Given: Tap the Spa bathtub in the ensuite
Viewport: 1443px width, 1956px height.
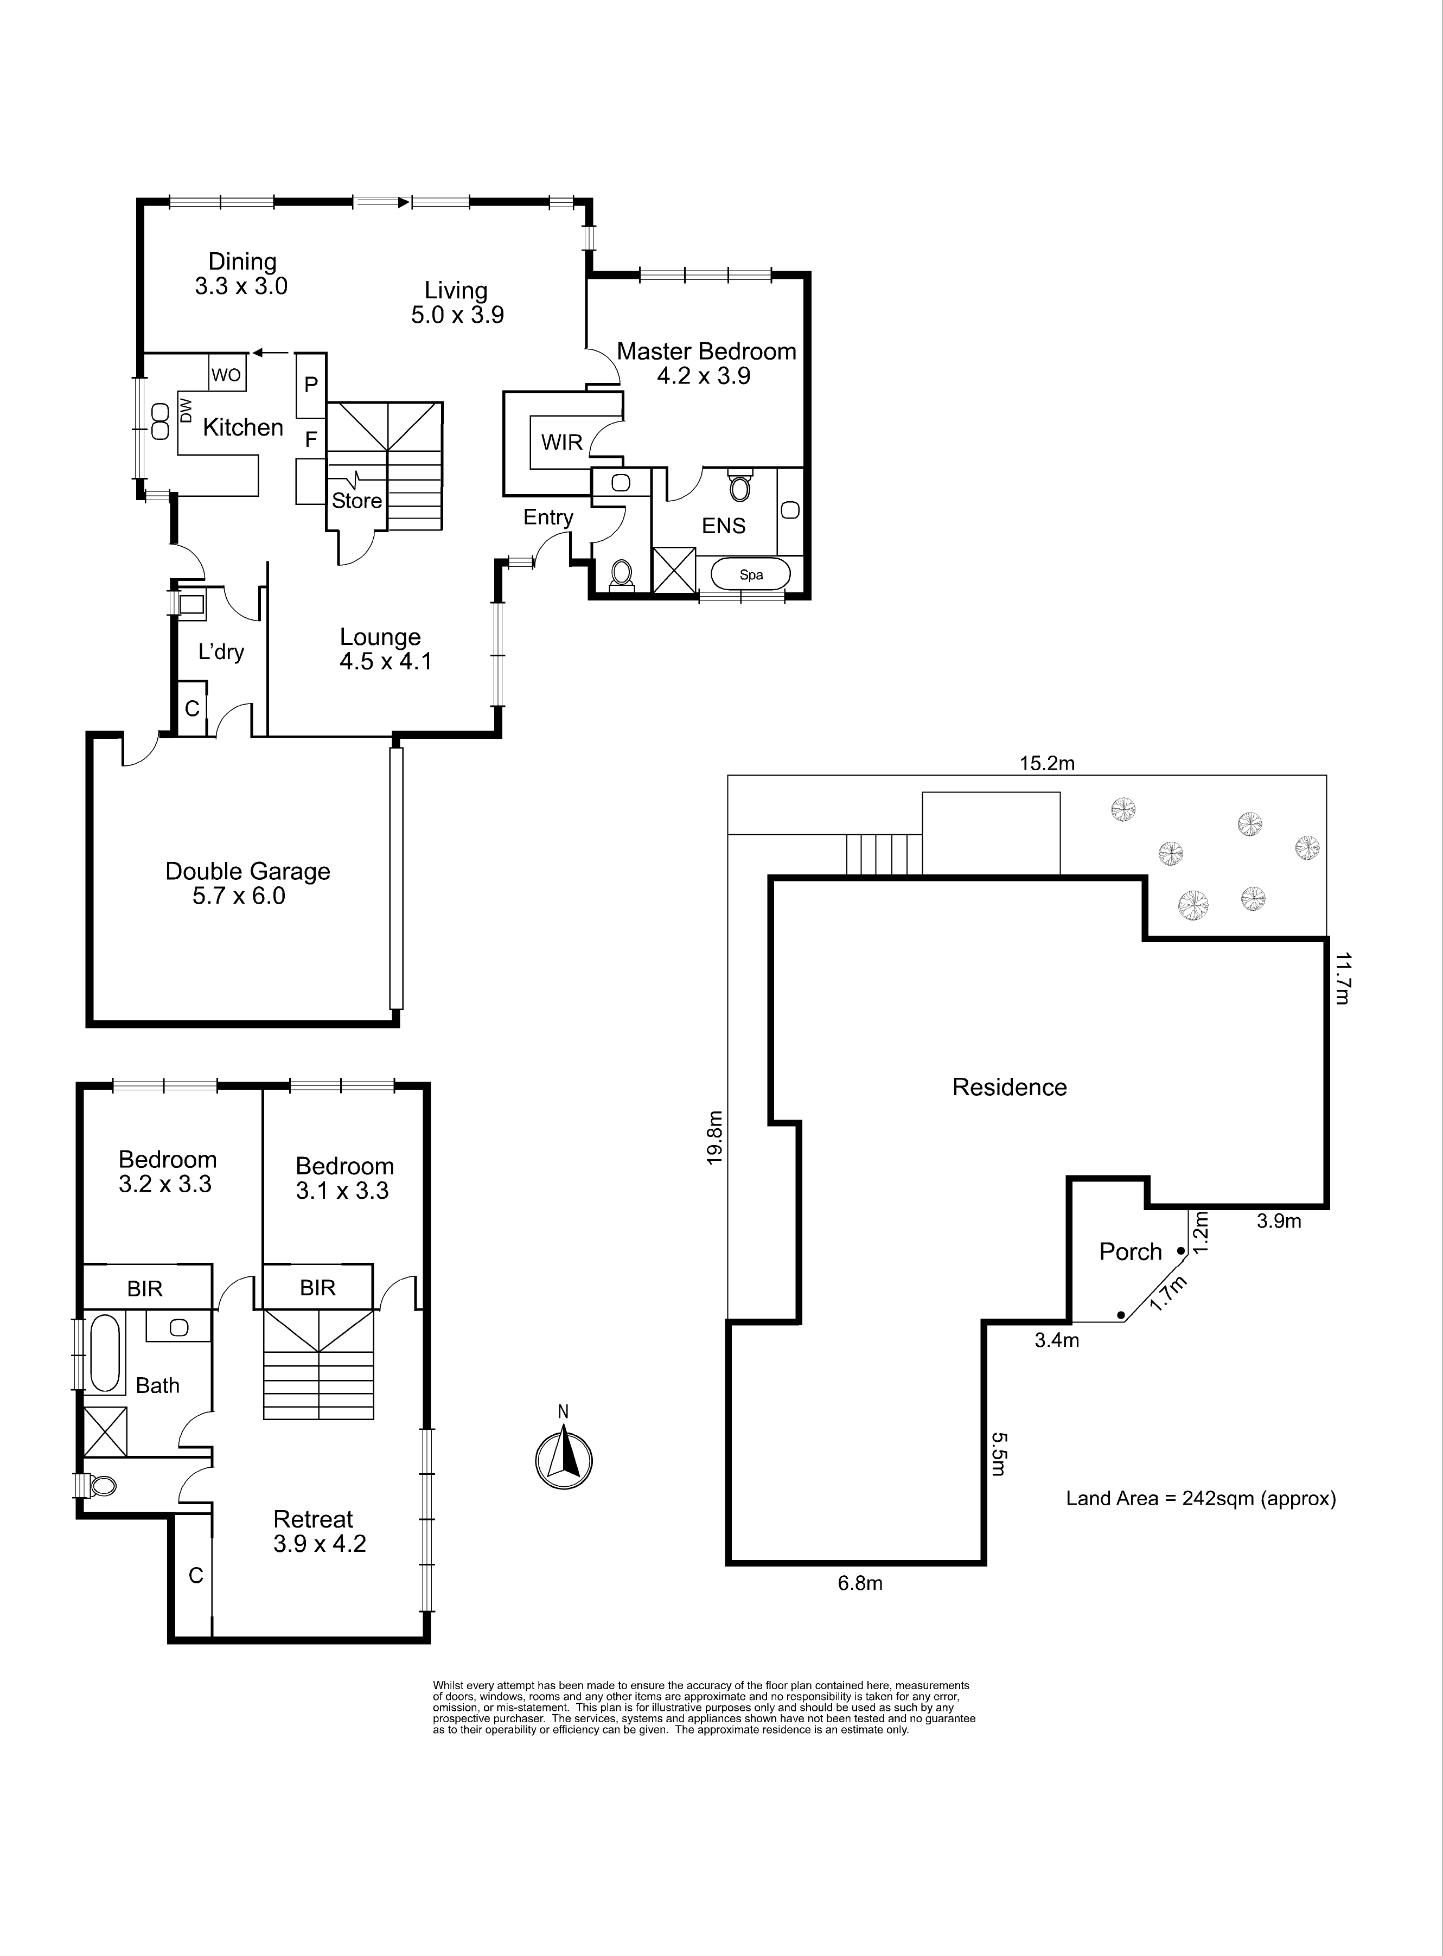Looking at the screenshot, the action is (x=750, y=574).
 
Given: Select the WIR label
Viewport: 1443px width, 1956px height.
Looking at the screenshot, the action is (x=561, y=442).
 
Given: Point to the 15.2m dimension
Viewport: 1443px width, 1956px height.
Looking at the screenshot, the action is (x=1046, y=763).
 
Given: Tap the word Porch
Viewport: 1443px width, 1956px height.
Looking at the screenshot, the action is (x=1131, y=1252).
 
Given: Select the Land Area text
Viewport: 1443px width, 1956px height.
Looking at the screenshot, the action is (x=1201, y=1498).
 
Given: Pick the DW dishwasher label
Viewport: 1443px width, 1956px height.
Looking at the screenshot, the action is (x=185, y=411).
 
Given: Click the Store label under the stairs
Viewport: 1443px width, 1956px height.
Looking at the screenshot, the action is (x=356, y=500).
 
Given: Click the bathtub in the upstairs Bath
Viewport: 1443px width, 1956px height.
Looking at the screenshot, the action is (x=104, y=1353).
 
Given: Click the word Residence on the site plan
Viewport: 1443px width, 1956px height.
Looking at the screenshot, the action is (x=1009, y=1087).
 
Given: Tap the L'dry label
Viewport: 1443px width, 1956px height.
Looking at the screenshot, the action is (x=221, y=651).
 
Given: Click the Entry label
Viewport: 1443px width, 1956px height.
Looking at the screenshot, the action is (x=548, y=517).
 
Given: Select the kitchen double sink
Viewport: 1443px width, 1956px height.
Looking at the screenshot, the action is (x=160, y=421).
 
